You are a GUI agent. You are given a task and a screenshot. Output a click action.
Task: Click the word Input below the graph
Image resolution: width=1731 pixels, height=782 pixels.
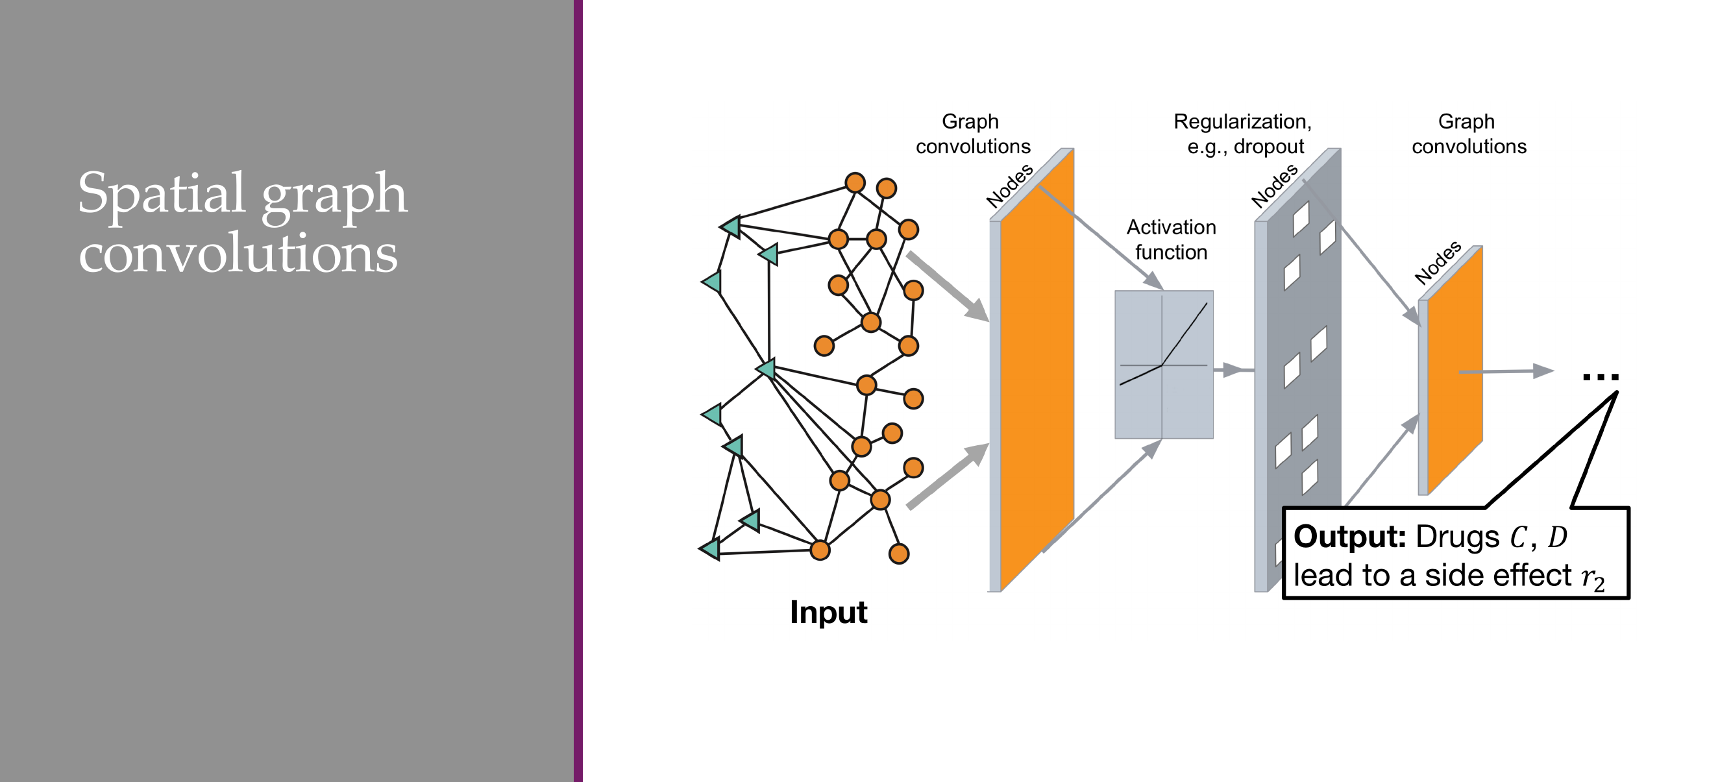[x=828, y=613]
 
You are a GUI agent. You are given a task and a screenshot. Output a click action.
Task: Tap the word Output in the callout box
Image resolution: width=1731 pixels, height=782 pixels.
[x=1349, y=537]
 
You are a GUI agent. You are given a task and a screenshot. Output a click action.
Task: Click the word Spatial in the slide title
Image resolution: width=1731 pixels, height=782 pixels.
[x=160, y=194]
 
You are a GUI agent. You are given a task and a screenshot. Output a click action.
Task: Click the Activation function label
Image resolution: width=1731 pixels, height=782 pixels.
[x=1172, y=239]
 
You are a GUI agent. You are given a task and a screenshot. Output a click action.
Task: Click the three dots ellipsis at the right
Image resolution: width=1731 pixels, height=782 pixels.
[x=1601, y=377]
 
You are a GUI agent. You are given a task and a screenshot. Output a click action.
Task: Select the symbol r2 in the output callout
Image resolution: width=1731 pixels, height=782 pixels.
[x=1593, y=577]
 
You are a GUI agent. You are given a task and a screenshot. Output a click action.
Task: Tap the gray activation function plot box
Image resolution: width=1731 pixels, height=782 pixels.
[x=1164, y=365]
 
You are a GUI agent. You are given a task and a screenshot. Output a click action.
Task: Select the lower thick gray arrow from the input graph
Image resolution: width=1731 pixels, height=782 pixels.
[x=948, y=476]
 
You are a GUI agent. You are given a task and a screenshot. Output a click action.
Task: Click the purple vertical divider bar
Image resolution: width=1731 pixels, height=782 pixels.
[x=578, y=391]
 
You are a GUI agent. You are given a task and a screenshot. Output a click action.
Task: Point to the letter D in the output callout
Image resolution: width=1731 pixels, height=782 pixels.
[x=1557, y=537]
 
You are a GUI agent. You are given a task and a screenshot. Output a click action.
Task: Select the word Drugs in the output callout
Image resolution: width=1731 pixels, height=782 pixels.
[x=1457, y=537]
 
